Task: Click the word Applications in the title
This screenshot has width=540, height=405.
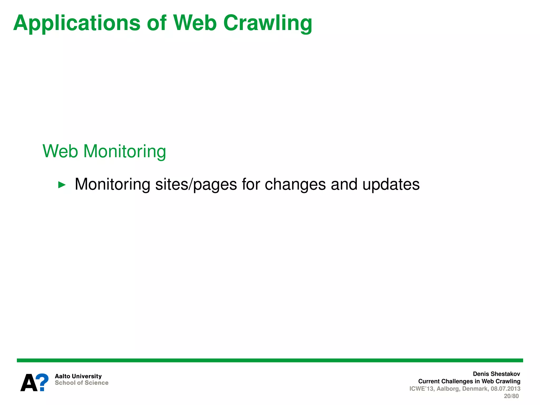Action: click(x=76, y=23)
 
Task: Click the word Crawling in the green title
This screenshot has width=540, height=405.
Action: click(x=268, y=23)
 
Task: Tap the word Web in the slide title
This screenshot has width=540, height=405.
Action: click(x=195, y=23)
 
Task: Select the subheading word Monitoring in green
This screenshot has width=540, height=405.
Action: click(x=124, y=151)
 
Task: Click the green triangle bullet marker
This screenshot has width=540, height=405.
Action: click(x=62, y=185)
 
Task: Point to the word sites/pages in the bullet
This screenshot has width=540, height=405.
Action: click(x=196, y=184)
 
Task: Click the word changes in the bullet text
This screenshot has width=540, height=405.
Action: click(x=295, y=184)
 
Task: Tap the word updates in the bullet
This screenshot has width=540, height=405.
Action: click(x=391, y=184)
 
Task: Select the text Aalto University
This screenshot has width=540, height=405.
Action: click(x=78, y=376)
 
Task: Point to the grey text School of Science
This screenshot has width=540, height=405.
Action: click(x=81, y=383)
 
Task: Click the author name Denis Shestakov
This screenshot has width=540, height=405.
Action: click(x=496, y=374)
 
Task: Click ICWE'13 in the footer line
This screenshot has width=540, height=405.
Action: click(x=421, y=389)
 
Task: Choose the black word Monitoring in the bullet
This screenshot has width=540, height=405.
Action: click(x=112, y=184)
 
